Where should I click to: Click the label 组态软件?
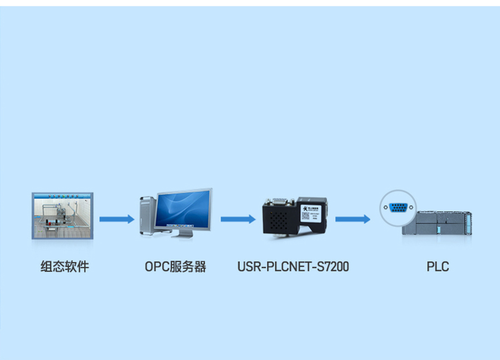(x=65, y=266)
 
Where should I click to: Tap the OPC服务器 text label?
(x=176, y=266)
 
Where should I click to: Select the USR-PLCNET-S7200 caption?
(x=293, y=266)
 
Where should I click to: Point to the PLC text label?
(x=438, y=266)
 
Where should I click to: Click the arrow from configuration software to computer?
(x=116, y=219)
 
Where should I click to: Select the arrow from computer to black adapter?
(x=238, y=219)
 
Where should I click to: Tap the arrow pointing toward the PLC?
(x=352, y=219)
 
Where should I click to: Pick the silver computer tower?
(x=146, y=215)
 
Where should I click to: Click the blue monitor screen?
(x=184, y=209)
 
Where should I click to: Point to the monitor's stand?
(x=182, y=233)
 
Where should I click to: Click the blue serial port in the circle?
(x=397, y=207)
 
